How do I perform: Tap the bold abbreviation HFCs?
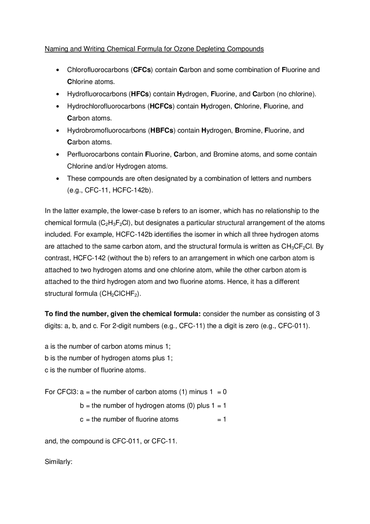[140, 94]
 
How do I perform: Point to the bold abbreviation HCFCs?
[161, 106]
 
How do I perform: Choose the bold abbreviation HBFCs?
[162, 130]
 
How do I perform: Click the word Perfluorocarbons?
[93, 155]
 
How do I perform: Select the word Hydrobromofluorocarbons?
[107, 130]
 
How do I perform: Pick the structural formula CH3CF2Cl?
[297, 247]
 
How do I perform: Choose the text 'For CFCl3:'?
[61, 392]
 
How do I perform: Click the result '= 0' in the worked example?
[222, 392]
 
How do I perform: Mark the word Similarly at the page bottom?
[58, 462]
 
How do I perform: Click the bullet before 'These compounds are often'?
[58, 179]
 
